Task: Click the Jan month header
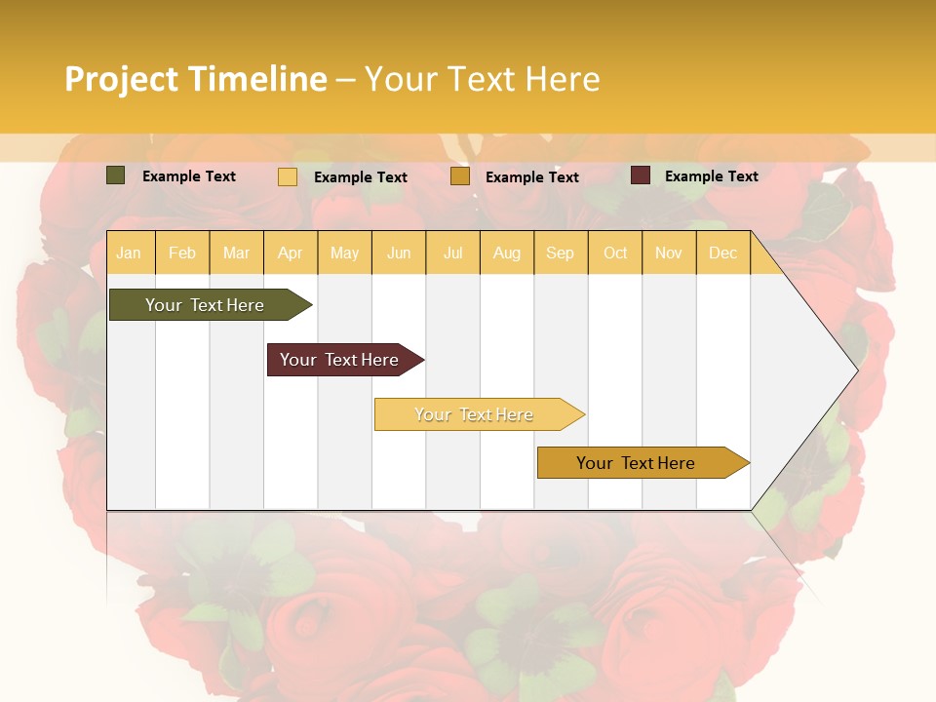[x=129, y=253]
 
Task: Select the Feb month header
[x=182, y=253]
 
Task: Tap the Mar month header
[x=236, y=253]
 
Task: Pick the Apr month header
[x=291, y=253]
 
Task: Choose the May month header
[x=344, y=253]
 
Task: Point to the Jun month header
[x=399, y=253]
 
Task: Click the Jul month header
[x=452, y=253]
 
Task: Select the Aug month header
[x=507, y=253]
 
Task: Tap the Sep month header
[x=561, y=253]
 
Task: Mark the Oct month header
[x=615, y=253]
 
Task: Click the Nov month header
[x=669, y=253]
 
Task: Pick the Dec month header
[x=722, y=253]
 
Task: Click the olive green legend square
[x=116, y=175]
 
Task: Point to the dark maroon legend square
[x=640, y=175]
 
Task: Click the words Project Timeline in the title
[x=196, y=79]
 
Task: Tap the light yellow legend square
[x=288, y=176]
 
